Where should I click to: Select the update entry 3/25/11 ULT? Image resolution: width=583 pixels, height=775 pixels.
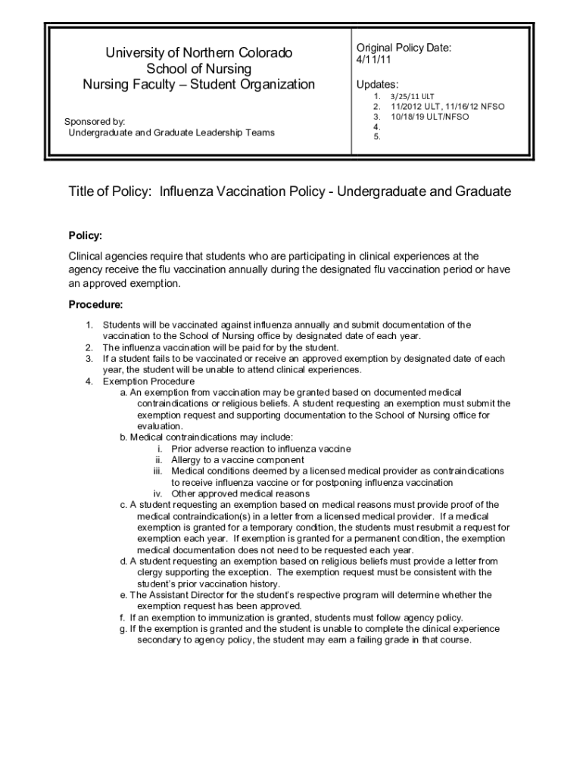(413, 97)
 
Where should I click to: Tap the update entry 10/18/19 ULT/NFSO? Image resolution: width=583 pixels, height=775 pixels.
(430, 117)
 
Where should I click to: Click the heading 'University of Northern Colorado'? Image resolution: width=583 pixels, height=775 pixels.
(198, 53)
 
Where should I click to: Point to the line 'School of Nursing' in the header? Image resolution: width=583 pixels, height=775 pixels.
(198, 69)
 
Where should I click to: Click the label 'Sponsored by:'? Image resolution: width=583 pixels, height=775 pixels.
(95, 121)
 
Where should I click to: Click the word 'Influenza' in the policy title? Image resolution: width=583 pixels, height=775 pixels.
(192, 192)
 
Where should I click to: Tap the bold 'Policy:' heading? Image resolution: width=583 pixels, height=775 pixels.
(86, 235)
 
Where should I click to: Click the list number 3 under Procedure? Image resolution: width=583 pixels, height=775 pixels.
(89, 359)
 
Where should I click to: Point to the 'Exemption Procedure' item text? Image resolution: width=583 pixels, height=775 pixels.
(148, 381)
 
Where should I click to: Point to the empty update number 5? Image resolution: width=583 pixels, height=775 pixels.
(376, 138)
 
